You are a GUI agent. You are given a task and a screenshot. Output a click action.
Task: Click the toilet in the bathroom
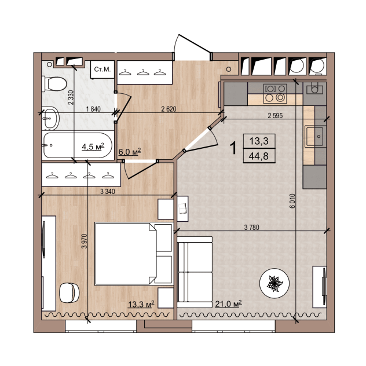(54, 84)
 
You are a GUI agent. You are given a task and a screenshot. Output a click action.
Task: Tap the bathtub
(78, 145)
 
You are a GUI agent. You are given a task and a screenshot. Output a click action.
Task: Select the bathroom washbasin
(50, 118)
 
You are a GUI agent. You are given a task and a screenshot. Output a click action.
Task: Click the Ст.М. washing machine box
(103, 69)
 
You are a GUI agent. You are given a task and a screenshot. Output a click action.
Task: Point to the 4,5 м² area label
(93, 147)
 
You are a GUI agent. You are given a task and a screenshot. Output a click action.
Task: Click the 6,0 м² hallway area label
(130, 152)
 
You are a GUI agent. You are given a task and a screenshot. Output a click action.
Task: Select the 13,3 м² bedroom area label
(141, 304)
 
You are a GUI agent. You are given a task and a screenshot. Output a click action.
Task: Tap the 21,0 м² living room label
(228, 304)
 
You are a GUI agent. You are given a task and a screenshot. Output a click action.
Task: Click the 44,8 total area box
(259, 156)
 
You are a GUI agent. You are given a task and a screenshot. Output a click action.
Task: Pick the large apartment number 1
(233, 148)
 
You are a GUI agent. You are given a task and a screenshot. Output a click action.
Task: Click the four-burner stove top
(275, 93)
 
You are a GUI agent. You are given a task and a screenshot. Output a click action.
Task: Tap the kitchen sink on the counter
(315, 136)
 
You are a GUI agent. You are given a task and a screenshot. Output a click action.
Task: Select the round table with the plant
(274, 283)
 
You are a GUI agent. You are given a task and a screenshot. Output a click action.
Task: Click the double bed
(134, 254)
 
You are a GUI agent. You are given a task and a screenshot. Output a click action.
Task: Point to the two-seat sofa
(195, 272)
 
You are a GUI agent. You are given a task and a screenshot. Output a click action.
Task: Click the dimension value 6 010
(292, 201)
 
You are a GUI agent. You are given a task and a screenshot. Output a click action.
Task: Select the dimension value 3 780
(251, 227)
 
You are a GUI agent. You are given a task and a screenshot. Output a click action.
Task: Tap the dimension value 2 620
(169, 109)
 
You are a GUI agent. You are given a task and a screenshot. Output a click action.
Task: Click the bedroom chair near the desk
(69, 293)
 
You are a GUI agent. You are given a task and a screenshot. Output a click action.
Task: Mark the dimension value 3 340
(108, 192)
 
